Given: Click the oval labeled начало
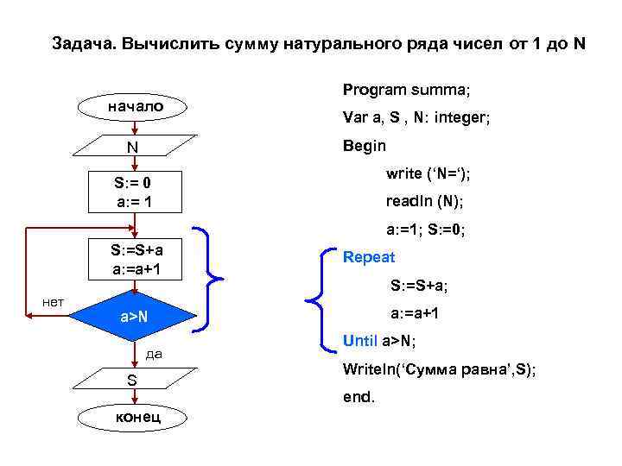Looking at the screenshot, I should tap(134, 107).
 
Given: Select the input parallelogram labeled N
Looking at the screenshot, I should tap(134, 147).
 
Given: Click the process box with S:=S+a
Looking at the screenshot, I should tap(134, 260).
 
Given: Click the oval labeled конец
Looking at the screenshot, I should tap(134, 418).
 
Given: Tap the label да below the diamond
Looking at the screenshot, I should tap(155, 353).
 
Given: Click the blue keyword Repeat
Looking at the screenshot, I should tap(368, 257).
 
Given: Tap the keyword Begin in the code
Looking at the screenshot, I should tap(364, 146).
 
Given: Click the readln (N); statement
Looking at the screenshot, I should tap(424, 201).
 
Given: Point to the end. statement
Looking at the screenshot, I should tap(359, 400).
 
